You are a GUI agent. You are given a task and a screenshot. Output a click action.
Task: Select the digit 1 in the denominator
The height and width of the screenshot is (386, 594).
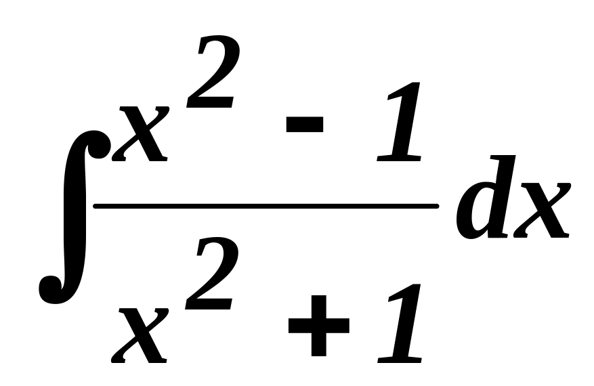coord(400,322)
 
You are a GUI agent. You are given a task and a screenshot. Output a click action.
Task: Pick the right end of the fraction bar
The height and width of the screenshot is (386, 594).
coord(437,205)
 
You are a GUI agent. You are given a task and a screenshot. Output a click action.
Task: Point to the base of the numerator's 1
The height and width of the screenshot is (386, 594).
coord(396,158)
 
